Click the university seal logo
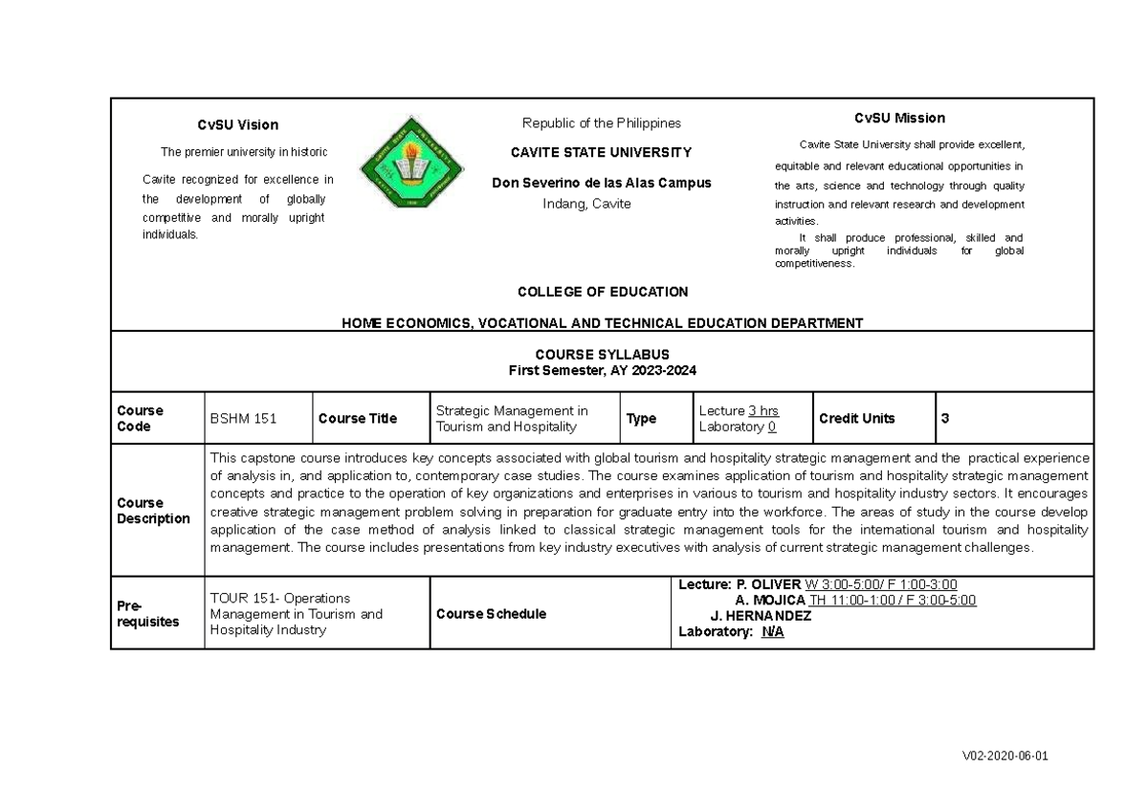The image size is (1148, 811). [x=411, y=163]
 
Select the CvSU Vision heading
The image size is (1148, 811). [x=237, y=124]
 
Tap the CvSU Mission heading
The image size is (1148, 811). [x=899, y=118]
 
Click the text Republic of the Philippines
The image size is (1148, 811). [x=601, y=123]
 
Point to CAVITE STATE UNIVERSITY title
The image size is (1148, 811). [x=601, y=152]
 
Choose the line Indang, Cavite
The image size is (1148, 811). [x=586, y=204]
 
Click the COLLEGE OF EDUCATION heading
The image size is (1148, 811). [x=602, y=292]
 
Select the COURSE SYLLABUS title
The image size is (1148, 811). [x=602, y=354]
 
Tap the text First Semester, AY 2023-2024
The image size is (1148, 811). [x=602, y=370]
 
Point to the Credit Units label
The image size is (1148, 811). [x=856, y=419]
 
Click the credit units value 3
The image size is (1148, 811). [x=945, y=419]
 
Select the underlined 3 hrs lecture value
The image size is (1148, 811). [x=762, y=411]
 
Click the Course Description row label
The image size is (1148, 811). [x=153, y=511]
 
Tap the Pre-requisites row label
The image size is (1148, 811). [x=147, y=614]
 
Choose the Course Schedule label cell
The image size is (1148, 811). [x=491, y=614]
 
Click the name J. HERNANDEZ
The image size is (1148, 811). [x=762, y=616]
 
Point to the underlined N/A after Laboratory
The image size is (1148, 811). [x=772, y=631]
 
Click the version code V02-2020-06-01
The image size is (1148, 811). [x=1004, y=756]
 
